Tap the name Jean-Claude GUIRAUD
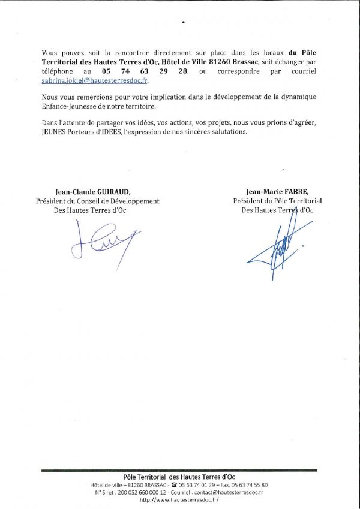pos(84,192)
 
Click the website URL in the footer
pos(179,499)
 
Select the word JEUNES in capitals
pos(55,132)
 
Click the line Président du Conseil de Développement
pos(98,201)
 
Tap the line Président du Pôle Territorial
pos(277,201)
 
